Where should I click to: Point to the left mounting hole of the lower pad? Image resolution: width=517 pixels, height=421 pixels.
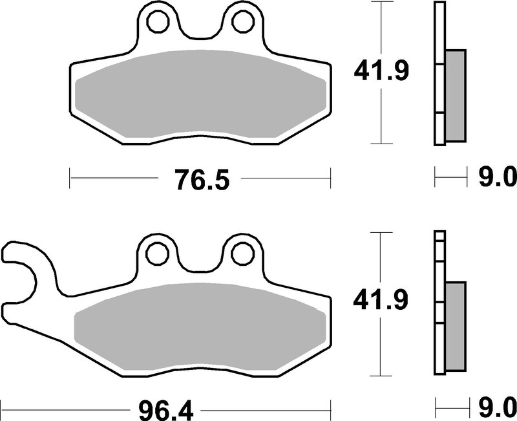[x=157, y=252]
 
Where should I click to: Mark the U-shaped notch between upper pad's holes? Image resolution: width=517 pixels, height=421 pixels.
[x=200, y=32]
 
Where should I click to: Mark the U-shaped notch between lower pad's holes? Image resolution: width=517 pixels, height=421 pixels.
[x=200, y=264]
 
